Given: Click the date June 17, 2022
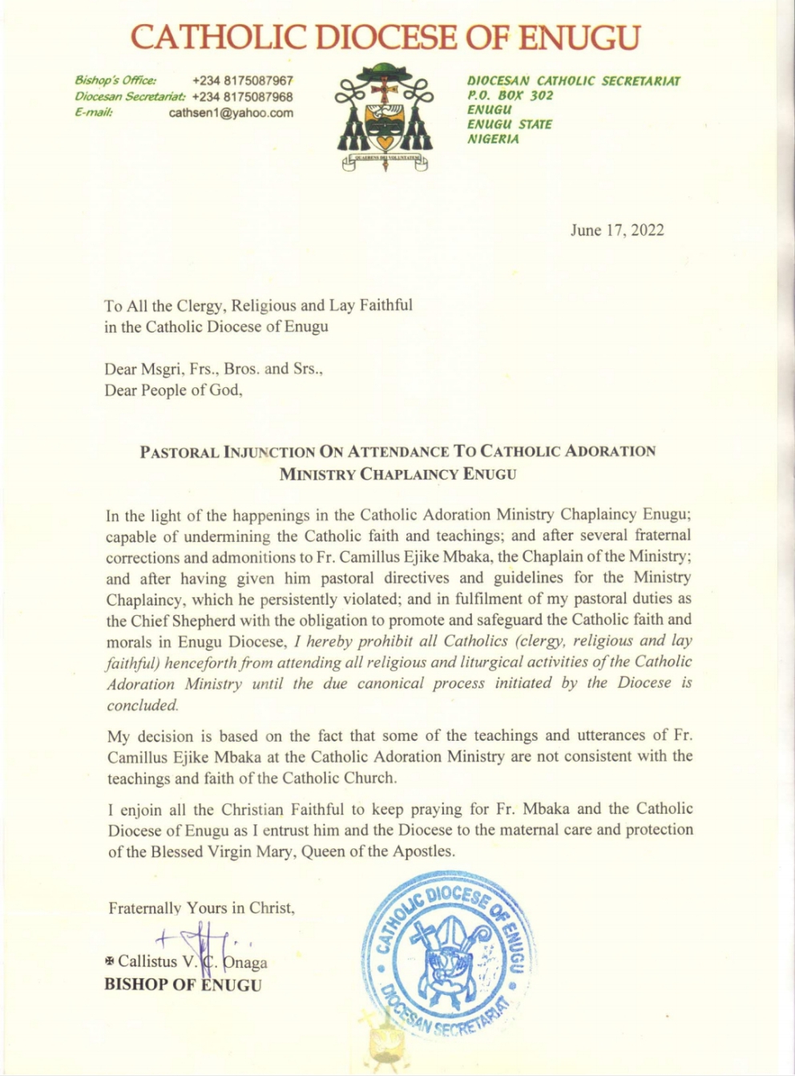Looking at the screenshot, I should (616, 230).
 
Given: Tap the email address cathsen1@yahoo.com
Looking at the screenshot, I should (231, 113).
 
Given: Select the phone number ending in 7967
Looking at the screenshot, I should (243, 81).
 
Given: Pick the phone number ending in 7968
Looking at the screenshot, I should (243, 97).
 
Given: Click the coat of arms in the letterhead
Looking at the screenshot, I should (385, 117).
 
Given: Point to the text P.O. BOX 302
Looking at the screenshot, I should (510, 95).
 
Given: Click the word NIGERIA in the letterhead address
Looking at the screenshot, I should (493, 139).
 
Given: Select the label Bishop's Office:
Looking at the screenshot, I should (115, 81).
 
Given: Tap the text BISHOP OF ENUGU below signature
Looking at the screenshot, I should (183, 985).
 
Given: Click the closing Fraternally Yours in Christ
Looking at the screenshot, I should (201, 908).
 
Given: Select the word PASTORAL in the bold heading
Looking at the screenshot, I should (179, 452).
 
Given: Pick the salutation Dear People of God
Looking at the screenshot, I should (172, 391).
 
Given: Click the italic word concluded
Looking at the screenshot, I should (143, 706).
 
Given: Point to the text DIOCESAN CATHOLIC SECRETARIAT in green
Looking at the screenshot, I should (573, 81).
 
